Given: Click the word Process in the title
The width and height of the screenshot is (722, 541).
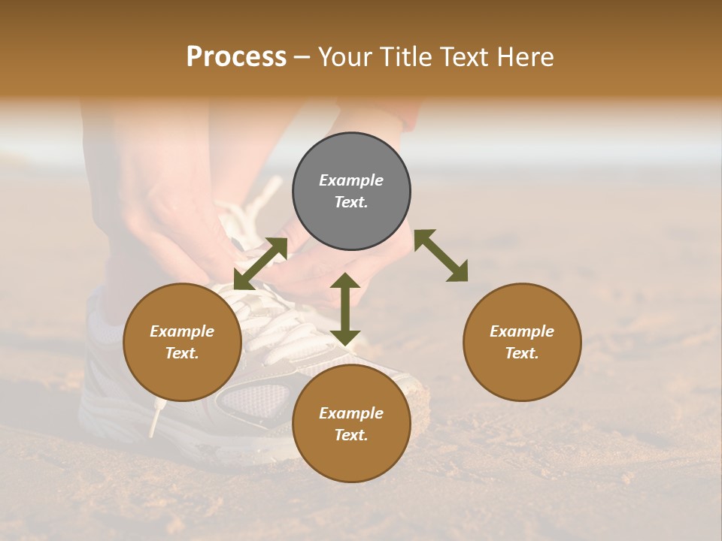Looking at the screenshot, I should [x=236, y=57].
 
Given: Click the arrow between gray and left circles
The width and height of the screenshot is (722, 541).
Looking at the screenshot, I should [x=260, y=264].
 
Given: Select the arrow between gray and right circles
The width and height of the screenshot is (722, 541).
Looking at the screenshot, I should [x=441, y=255].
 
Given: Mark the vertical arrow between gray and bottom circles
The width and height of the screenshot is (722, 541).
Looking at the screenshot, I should [x=345, y=309].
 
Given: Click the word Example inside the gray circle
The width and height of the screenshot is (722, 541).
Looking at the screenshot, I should [x=351, y=180].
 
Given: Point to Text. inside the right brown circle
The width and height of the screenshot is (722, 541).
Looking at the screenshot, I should [x=521, y=353].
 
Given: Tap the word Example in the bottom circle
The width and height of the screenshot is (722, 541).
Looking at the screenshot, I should [x=351, y=413].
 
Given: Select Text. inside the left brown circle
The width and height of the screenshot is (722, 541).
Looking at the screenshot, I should [x=182, y=353].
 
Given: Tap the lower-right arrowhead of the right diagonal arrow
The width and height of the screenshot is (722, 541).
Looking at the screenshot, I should [x=458, y=273].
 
